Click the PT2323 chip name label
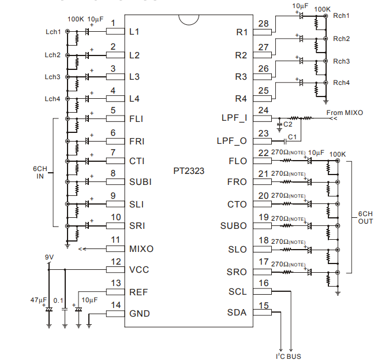click(x=189, y=171)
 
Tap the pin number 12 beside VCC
click(x=116, y=262)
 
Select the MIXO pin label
click(x=141, y=249)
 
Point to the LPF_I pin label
click(x=234, y=118)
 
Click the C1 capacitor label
click(x=292, y=137)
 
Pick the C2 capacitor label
click(x=288, y=124)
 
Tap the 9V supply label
click(x=49, y=257)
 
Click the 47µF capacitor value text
click(x=39, y=300)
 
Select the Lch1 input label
click(x=53, y=32)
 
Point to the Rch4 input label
click(x=341, y=83)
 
